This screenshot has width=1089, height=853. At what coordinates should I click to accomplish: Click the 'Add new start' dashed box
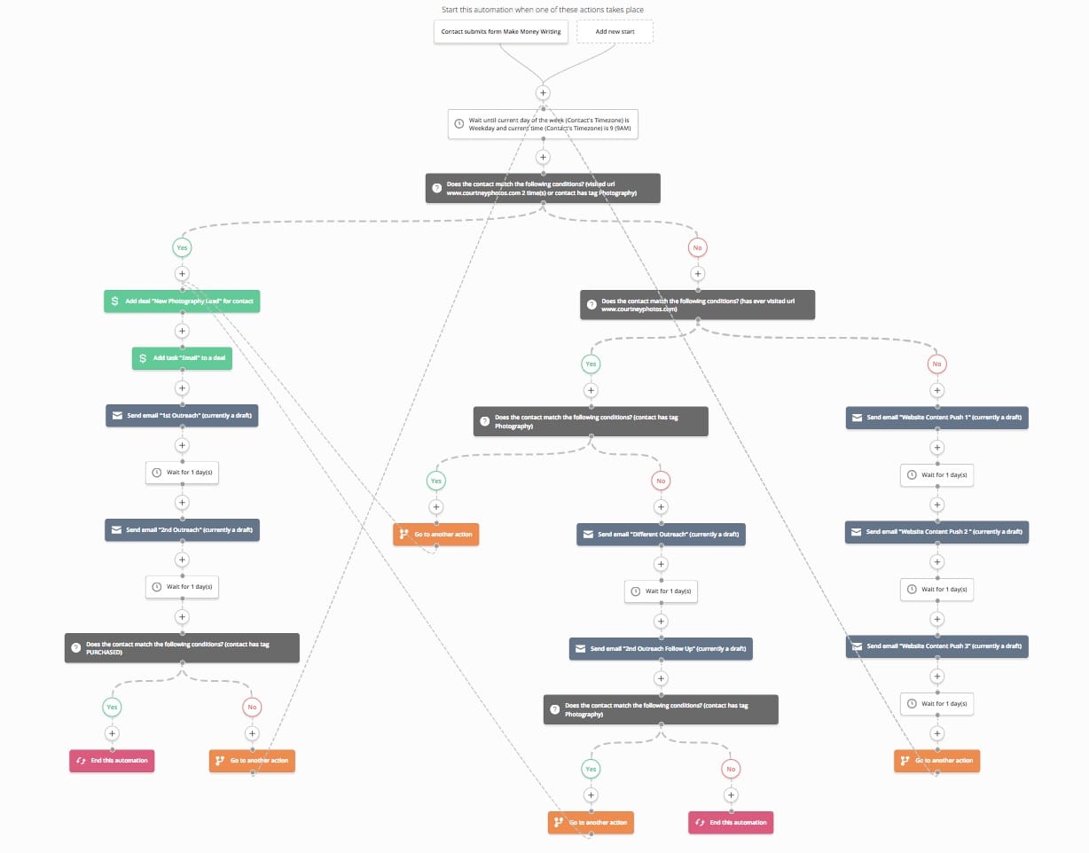click(x=615, y=31)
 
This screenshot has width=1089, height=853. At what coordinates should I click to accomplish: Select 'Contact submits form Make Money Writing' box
click(x=501, y=31)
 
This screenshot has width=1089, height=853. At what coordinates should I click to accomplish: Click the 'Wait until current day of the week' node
click(x=544, y=124)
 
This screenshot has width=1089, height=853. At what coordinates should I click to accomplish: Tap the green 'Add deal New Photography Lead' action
click(x=183, y=301)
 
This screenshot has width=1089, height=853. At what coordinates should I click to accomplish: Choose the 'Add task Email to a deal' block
click(x=182, y=358)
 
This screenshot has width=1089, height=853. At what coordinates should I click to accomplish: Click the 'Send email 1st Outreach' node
click(x=182, y=416)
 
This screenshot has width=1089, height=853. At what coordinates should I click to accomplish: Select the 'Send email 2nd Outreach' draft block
click(x=182, y=529)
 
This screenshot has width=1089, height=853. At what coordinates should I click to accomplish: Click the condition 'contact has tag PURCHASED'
click(x=182, y=647)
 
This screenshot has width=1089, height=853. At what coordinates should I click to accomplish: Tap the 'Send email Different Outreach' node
click(x=661, y=534)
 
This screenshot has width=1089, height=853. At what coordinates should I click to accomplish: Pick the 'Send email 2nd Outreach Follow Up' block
click(x=661, y=648)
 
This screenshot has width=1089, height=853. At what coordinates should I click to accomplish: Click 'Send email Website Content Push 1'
click(x=936, y=417)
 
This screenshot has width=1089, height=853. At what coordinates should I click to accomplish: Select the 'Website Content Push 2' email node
click(x=936, y=531)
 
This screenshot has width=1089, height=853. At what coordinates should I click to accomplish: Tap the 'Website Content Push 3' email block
click(x=936, y=646)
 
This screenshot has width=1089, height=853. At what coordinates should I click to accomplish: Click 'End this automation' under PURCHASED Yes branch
click(x=112, y=760)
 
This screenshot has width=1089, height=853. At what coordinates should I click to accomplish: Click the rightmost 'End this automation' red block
click(x=731, y=822)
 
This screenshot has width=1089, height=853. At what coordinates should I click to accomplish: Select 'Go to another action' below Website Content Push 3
click(x=936, y=760)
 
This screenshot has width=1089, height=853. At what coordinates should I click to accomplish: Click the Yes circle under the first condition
click(x=182, y=247)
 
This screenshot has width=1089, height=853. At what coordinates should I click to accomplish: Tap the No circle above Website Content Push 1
click(x=936, y=364)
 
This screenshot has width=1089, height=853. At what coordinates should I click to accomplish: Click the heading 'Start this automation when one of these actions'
click(x=543, y=10)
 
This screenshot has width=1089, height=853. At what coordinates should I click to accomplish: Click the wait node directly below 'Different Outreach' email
click(x=661, y=591)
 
